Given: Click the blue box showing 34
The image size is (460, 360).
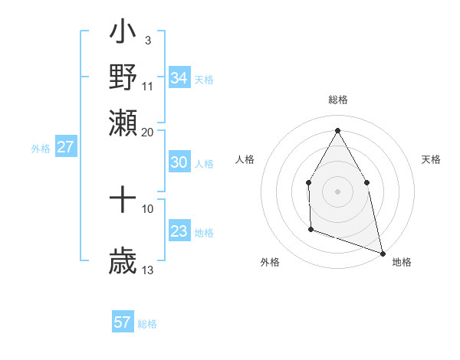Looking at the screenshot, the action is pyautogui.click(x=179, y=78).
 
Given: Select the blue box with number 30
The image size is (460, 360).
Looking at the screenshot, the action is pyautogui.click(x=179, y=162).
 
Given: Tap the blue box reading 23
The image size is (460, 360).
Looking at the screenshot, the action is pyautogui.click(x=179, y=232).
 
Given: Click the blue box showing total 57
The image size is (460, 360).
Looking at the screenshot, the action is pyautogui.click(x=123, y=322).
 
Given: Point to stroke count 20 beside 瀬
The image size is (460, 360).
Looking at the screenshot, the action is pyautogui.click(x=148, y=132).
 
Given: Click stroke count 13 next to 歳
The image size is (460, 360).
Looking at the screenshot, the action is pyautogui.click(x=148, y=270).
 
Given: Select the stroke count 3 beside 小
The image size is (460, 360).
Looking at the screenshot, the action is pyautogui.click(x=148, y=39).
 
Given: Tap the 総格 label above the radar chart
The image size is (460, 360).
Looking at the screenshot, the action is pyautogui.click(x=337, y=100).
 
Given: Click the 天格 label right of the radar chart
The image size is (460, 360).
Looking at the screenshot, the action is pyautogui.click(x=432, y=159).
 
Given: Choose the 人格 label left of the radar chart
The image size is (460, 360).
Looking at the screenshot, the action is pyautogui.click(x=245, y=159).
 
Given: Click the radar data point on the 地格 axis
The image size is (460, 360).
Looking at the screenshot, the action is pyautogui.click(x=382, y=252).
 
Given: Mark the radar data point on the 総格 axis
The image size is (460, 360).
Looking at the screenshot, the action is pyautogui.click(x=337, y=129).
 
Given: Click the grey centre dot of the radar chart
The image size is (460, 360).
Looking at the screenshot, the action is pyautogui.click(x=337, y=191).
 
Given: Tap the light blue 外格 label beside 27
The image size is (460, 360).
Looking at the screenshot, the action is pyautogui.click(x=40, y=149).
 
